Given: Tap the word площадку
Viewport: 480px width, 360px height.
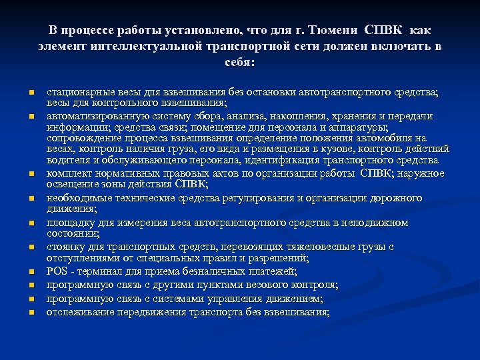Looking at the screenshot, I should click(x=67, y=223).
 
